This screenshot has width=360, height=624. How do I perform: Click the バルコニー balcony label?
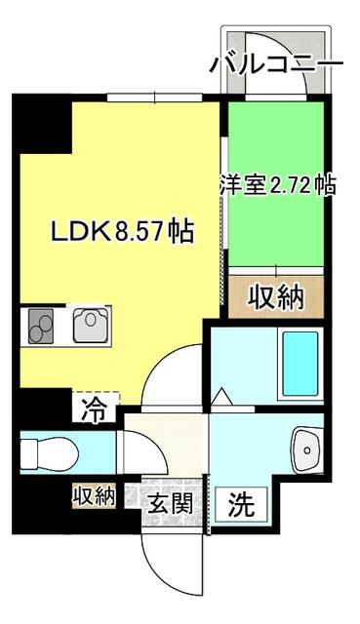[x=276, y=64]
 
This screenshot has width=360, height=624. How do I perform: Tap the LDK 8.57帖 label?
[x=122, y=233]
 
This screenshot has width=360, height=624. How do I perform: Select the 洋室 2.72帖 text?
[x=277, y=184]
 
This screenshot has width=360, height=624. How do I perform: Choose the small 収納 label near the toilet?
[x=94, y=495]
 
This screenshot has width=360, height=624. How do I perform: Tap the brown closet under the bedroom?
[x=275, y=293]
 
